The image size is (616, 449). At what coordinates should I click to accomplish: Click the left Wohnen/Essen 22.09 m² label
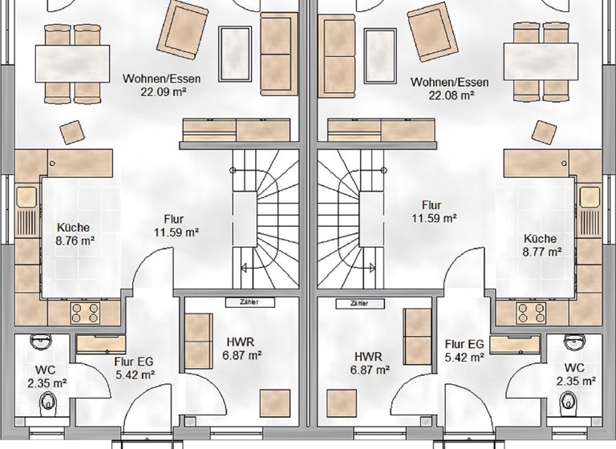click(161, 85)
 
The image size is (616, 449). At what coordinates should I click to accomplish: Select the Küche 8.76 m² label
click(73, 233)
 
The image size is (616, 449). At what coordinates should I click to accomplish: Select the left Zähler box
click(242, 302)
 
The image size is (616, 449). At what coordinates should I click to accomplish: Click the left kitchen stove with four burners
click(84, 310)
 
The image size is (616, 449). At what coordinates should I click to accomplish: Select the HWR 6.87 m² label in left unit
click(244, 348)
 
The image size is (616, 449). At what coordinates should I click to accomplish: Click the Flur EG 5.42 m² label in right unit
click(465, 350)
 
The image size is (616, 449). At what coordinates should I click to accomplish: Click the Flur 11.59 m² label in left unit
click(175, 225)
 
